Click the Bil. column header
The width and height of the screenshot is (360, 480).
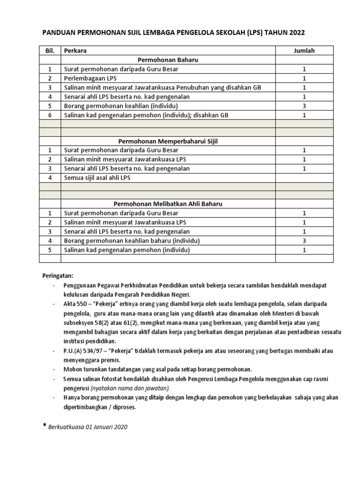50,51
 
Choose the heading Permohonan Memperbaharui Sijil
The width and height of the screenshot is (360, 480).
168,141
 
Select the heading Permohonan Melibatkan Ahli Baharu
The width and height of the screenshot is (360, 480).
168,204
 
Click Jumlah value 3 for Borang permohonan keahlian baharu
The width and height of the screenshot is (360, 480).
304,240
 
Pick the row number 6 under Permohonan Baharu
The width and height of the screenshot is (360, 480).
50,115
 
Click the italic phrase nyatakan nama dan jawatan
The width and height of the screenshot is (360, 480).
130,388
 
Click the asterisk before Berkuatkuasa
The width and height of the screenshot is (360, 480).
45,426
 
